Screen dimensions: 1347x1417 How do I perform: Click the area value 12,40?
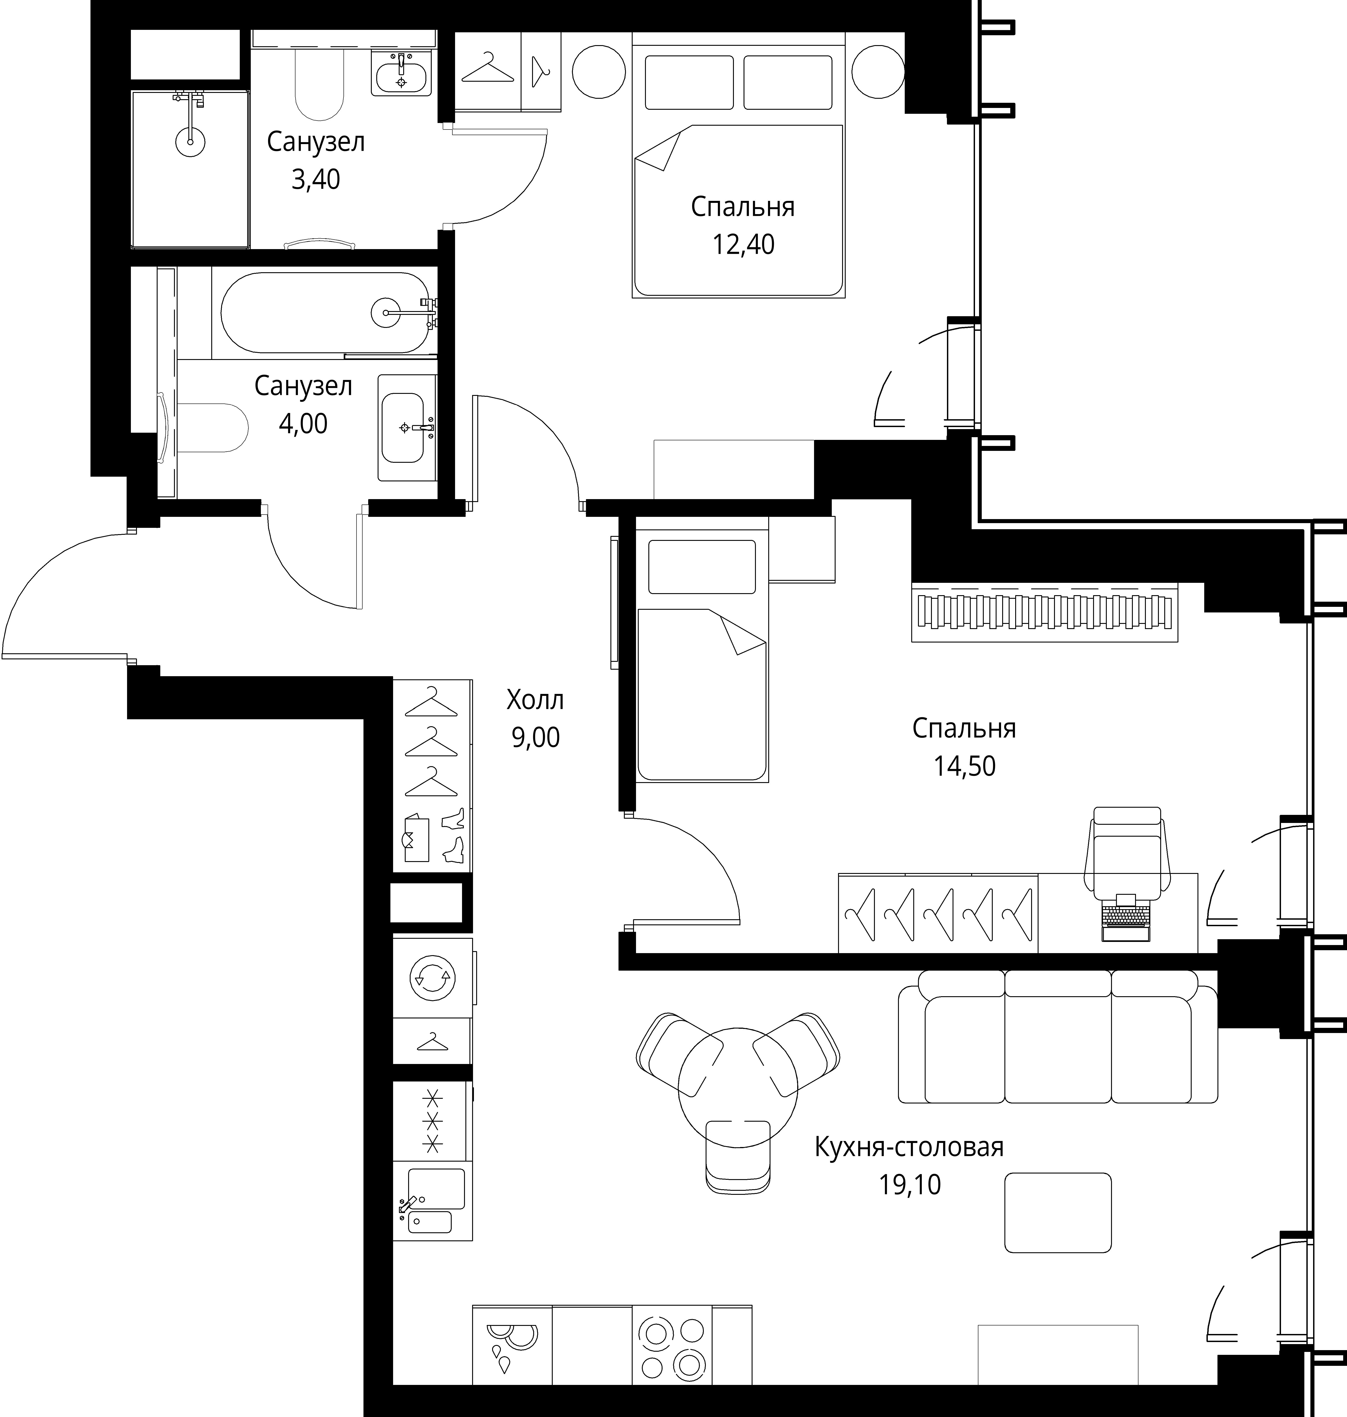click(x=743, y=245)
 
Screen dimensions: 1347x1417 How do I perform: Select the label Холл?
click(x=535, y=700)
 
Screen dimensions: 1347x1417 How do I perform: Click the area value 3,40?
click(x=315, y=180)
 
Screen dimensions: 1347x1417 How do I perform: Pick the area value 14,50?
click(x=964, y=767)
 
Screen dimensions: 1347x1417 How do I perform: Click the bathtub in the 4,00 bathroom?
click(x=325, y=312)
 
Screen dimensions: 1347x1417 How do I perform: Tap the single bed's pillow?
click(x=702, y=566)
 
